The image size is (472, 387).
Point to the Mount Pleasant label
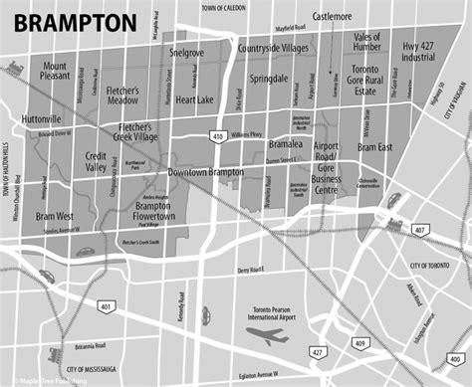56,69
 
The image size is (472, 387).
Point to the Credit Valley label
97,162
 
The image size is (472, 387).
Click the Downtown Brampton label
205,173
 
